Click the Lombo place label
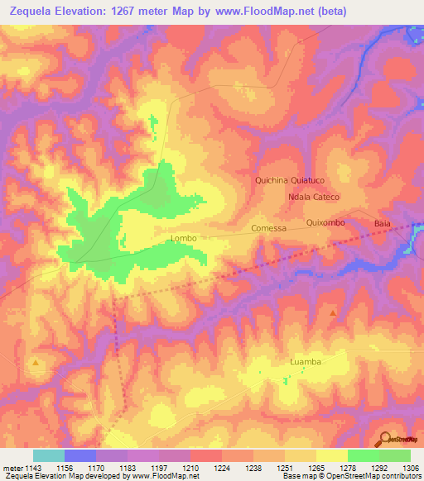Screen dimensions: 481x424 pyautogui.click(x=183, y=239)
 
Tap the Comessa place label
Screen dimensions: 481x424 pyautogui.click(x=268, y=228)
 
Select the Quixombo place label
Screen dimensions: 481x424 pyautogui.click(x=325, y=222)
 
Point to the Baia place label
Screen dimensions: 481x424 pyautogui.click(x=382, y=224)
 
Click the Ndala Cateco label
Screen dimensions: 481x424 pyautogui.click(x=315, y=198)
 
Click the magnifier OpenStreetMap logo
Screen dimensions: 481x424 pyautogui.click(x=385, y=438)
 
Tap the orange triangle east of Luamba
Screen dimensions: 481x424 pyautogui.click(x=334, y=313)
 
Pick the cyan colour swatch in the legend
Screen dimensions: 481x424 pyautogui.click(x=48, y=455)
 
